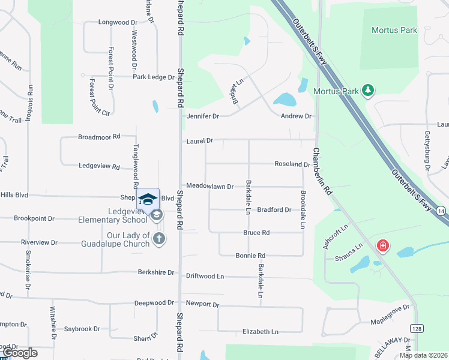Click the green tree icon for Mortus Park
coord(367,91)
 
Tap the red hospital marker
coord(382,245)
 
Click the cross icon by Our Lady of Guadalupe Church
coord(158,239)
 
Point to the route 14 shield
coord(441,211)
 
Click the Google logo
coord(20,353)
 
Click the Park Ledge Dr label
coord(152,77)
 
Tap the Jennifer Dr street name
coord(203,116)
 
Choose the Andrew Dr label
coord(296,116)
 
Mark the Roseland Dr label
coord(292,164)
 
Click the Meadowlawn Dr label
coord(209,187)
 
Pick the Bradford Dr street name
coord(274,210)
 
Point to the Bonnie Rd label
coord(250,256)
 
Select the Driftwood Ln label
coord(204,276)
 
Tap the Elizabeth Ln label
coord(260,332)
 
